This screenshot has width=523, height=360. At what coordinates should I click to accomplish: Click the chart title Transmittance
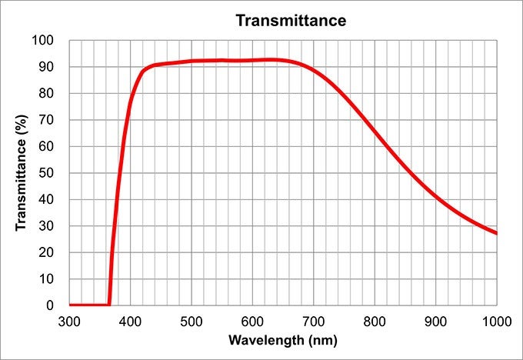coord(291,21)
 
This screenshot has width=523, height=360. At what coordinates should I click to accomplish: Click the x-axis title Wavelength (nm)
coord(283,339)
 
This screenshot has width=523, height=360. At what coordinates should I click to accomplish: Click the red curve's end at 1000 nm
coord(496,233)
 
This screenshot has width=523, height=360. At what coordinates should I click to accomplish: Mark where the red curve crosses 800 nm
coord(375,131)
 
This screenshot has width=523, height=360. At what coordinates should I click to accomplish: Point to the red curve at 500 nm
coord(192,61)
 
